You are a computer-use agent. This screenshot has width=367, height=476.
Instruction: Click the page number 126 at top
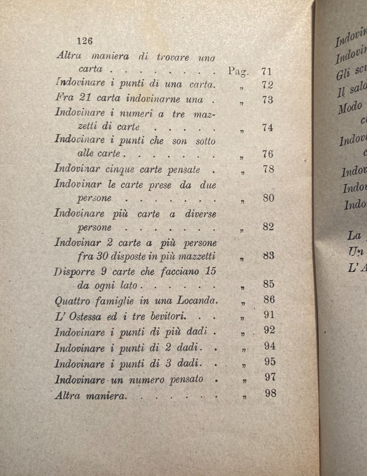pyautogui.click(x=85, y=41)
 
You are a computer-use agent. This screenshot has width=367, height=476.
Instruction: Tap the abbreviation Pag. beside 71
pyautogui.click(x=238, y=71)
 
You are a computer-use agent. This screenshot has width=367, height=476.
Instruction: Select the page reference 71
pyautogui.click(x=267, y=72)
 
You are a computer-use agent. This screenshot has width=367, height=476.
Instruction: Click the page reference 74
pyautogui.click(x=268, y=128)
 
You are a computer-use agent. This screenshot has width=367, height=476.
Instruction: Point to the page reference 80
pyautogui.click(x=268, y=198)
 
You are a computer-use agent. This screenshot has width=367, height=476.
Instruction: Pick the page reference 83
pyautogui.click(x=268, y=256)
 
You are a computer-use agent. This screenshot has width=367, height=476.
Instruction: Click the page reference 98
pyautogui.click(x=271, y=393)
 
